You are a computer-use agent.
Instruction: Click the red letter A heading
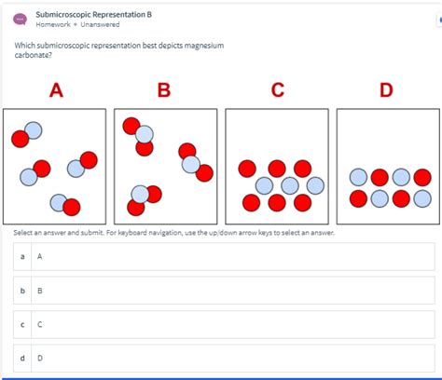click(56, 90)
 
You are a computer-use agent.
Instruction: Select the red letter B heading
click(164, 90)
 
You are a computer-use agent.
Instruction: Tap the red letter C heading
click(277, 90)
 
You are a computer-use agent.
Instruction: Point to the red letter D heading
click(386, 90)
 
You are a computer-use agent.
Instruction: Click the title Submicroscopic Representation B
click(93, 15)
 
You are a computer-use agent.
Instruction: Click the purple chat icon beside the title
click(20, 20)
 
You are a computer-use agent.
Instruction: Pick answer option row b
click(224, 291)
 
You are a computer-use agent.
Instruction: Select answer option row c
click(224, 324)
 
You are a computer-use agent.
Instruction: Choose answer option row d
click(224, 358)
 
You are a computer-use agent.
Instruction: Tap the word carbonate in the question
click(34, 55)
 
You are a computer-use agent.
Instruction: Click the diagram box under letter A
click(56, 166)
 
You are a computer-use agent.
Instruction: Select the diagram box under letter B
click(165, 166)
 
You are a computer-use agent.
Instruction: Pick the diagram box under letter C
click(277, 166)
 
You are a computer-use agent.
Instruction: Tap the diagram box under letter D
click(387, 166)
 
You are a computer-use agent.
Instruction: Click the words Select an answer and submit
click(65, 232)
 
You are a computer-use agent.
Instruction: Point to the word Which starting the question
click(25, 46)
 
